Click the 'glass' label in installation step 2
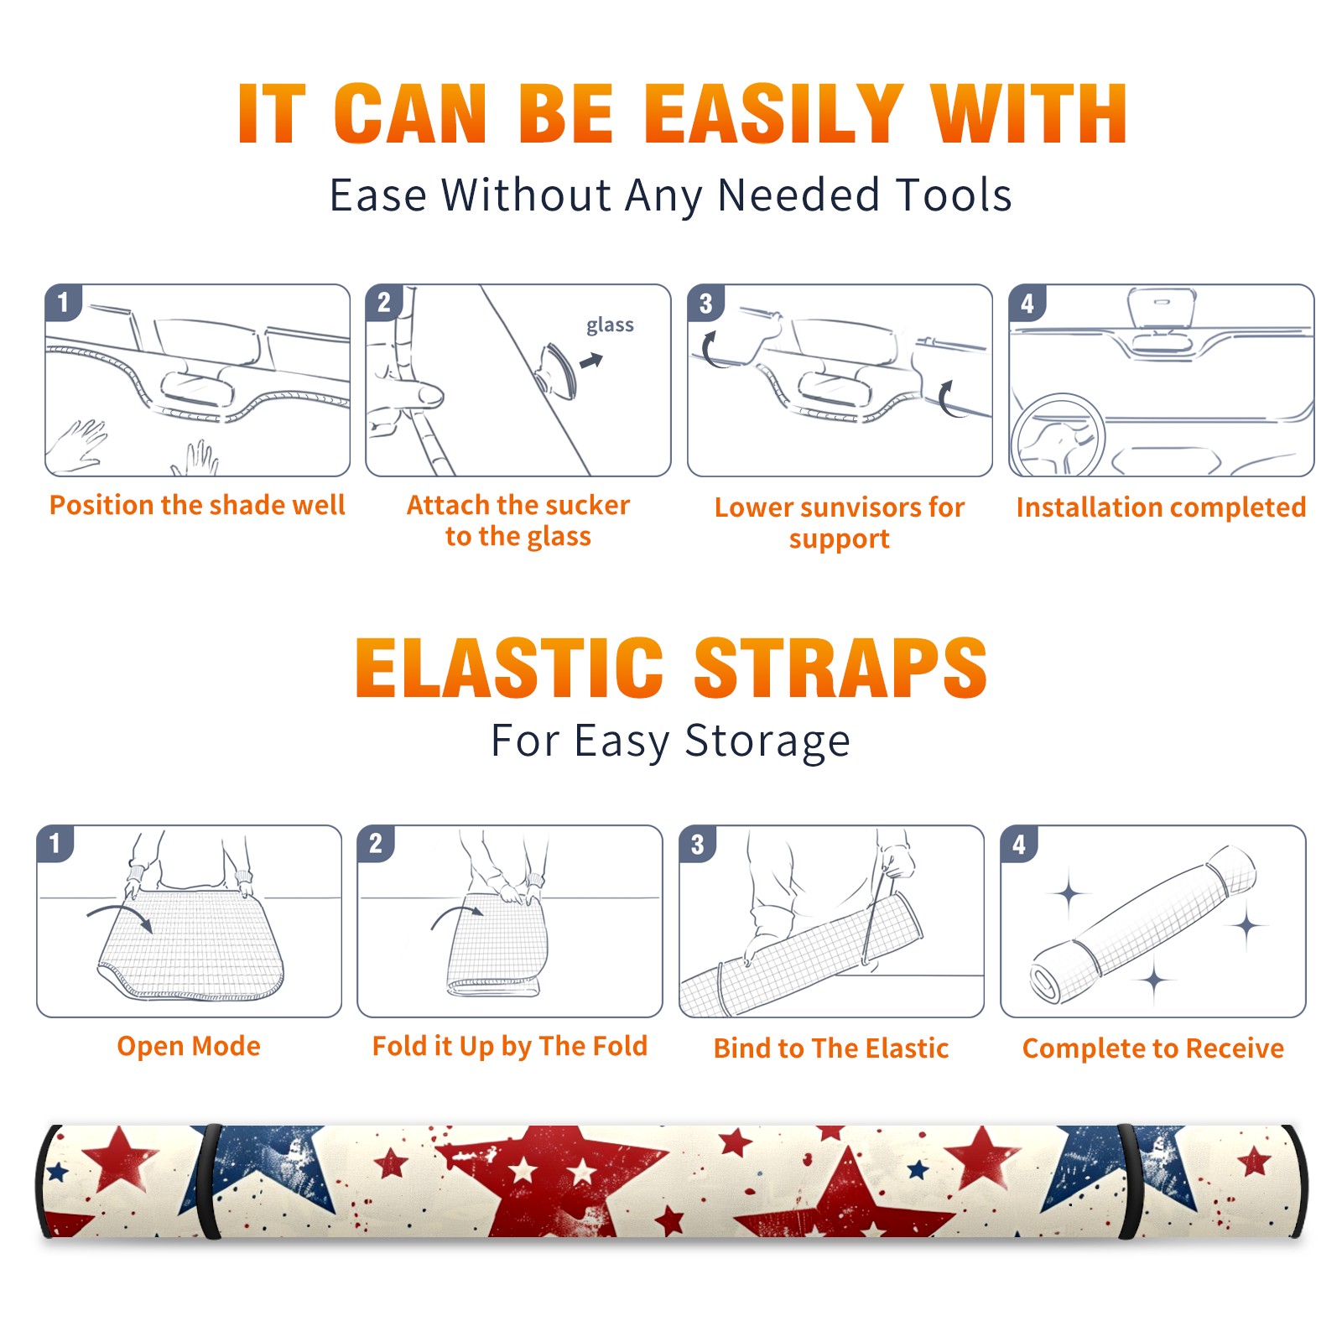(610, 325)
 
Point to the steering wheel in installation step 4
(1057, 435)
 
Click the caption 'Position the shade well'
(197, 505)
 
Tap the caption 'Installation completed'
(1161, 507)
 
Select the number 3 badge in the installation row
(706, 303)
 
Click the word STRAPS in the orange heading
(840, 668)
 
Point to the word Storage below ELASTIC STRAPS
(767, 741)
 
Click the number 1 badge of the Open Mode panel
(55, 843)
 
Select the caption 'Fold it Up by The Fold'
(510, 1047)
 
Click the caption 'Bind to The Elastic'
(831, 1048)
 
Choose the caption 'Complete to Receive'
(1153, 1048)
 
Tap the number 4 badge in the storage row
(1019, 843)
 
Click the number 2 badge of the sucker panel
(384, 303)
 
